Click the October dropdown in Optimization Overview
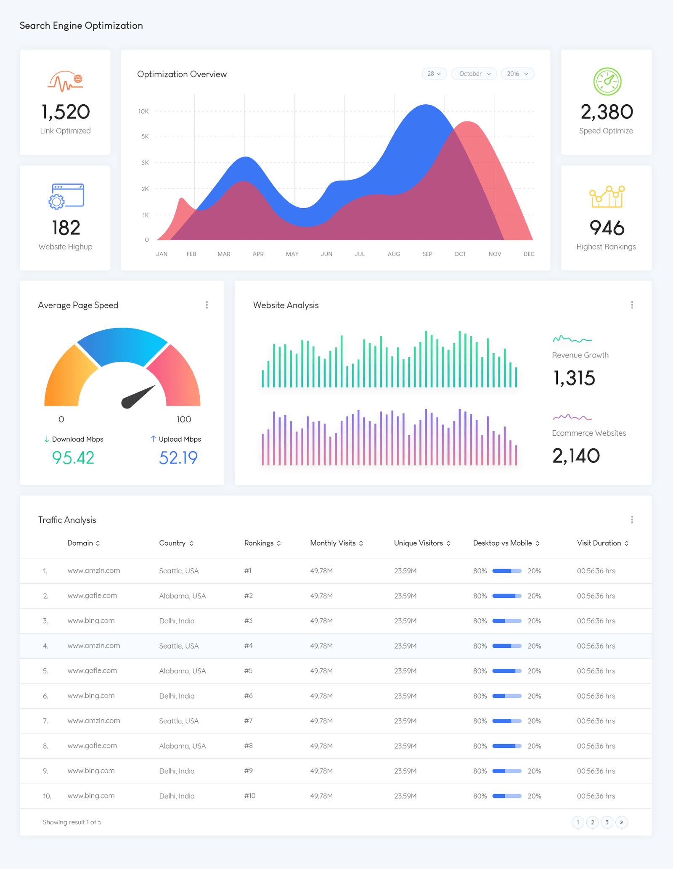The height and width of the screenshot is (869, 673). pyautogui.click(x=474, y=74)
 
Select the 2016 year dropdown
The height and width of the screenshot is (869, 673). pyautogui.click(x=517, y=74)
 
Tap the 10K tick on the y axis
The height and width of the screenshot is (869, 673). pyautogui.click(x=143, y=111)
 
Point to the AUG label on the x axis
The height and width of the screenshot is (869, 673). pyautogui.click(x=394, y=254)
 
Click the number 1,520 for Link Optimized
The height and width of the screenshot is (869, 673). pyautogui.click(x=65, y=112)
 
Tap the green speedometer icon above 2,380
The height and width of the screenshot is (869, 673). pyautogui.click(x=607, y=81)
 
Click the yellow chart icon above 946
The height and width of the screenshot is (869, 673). pyautogui.click(x=607, y=196)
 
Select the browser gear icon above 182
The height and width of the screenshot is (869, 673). pyautogui.click(x=66, y=196)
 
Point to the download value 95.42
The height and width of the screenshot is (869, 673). pyautogui.click(x=73, y=458)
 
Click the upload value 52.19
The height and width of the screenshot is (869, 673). pyautogui.click(x=178, y=458)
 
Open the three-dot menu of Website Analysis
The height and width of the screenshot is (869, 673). pyautogui.click(x=632, y=305)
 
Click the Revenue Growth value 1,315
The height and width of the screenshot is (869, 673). pyautogui.click(x=574, y=378)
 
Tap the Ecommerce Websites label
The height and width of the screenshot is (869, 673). pyautogui.click(x=588, y=433)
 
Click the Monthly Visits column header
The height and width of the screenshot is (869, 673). pyautogui.click(x=333, y=543)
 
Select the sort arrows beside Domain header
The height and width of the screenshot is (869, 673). pyautogui.click(x=98, y=543)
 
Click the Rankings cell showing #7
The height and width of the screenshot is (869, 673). pyautogui.click(x=248, y=721)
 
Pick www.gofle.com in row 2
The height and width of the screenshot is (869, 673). pyautogui.click(x=92, y=596)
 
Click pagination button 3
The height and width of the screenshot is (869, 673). pyautogui.click(x=607, y=822)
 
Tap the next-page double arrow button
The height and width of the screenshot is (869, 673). pyautogui.click(x=621, y=822)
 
